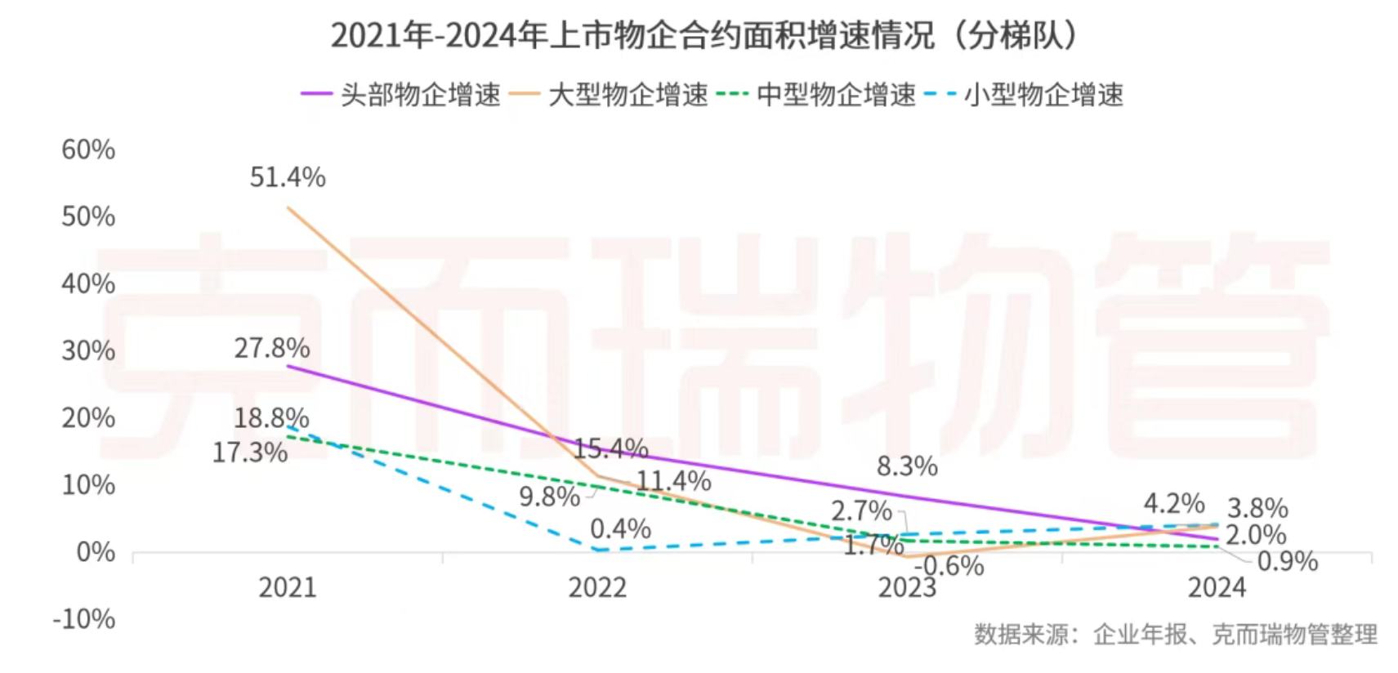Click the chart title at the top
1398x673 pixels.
704,36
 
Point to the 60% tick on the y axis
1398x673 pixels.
88,149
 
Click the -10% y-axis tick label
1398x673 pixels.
84,619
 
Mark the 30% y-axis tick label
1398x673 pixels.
88,350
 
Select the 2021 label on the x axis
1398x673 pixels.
288,587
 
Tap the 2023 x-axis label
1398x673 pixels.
907,587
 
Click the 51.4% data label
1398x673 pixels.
288,177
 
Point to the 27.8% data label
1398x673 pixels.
272,348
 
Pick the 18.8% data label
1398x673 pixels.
271,418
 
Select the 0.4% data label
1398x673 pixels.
621,528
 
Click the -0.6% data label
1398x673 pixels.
949,565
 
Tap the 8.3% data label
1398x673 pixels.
907,466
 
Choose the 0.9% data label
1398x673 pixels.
1288,561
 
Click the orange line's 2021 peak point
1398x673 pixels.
288,207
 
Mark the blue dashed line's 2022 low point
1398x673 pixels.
597,550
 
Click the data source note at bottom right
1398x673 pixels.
1175,634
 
